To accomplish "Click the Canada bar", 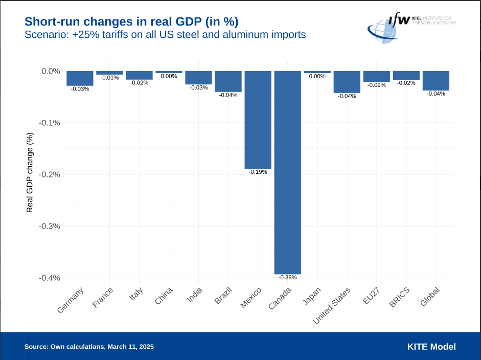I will click(x=287, y=172).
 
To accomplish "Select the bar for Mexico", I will click(x=258, y=120).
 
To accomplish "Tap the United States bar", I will click(x=347, y=82).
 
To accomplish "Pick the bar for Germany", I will click(x=80, y=78).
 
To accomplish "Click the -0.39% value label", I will click(x=287, y=277).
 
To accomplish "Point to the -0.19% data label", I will click(x=258, y=172).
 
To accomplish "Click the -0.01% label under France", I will click(x=109, y=78).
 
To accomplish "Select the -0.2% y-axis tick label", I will click(x=51, y=174).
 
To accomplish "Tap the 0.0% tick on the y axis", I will click(x=51, y=71).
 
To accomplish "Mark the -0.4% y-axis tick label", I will click(x=51, y=278).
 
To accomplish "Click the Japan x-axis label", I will click(x=312, y=296).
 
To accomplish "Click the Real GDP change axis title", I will click(x=30, y=173).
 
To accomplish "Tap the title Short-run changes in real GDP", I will click(x=131, y=21).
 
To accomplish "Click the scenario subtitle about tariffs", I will click(x=165, y=35).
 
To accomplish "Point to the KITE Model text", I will click(x=431, y=347).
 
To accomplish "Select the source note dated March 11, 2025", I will click(x=89, y=347).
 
